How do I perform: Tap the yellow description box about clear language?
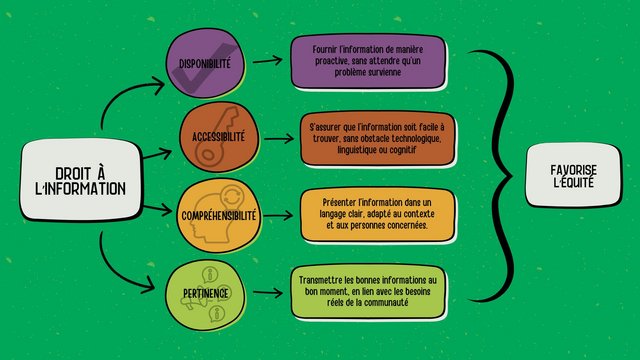(x=369, y=212)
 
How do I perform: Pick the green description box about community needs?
(x=368, y=290)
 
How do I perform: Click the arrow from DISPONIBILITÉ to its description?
(x=267, y=61)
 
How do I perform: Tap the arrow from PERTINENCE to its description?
(x=267, y=292)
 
